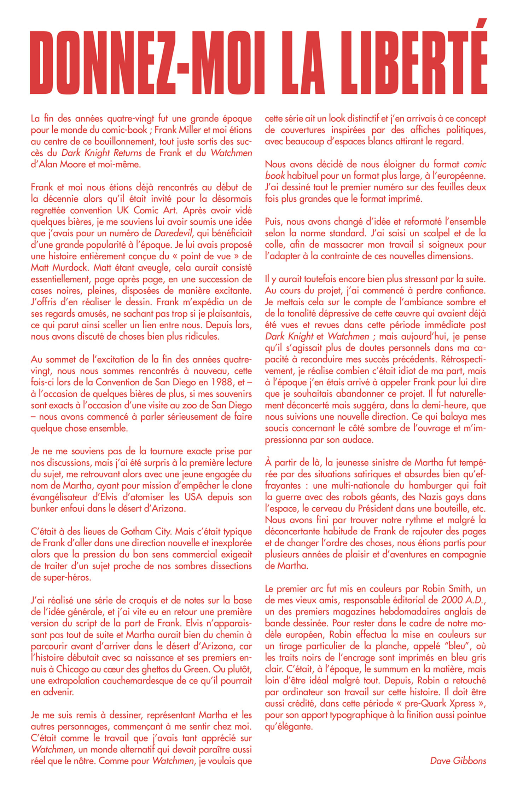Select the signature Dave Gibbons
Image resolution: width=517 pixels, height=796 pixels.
pyautogui.click(x=458, y=761)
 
